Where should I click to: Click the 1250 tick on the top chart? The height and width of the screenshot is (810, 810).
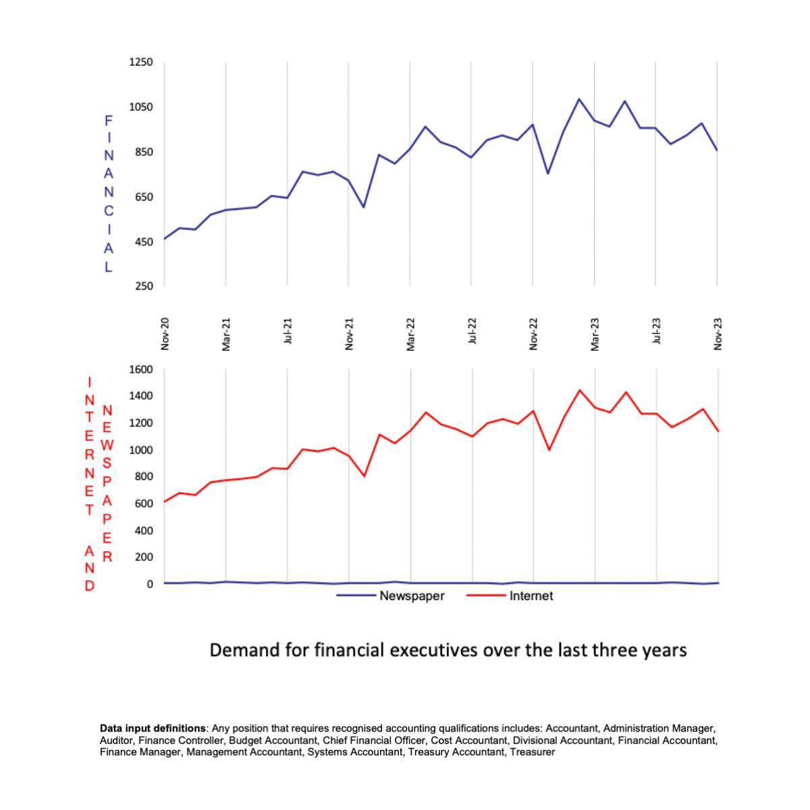tap(141, 62)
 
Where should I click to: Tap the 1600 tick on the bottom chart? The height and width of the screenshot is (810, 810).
tap(141, 369)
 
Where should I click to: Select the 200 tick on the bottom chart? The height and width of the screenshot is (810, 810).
tap(144, 558)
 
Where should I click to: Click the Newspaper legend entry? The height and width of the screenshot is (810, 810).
tap(412, 596)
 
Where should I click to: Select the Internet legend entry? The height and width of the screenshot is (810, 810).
tap(531, 596)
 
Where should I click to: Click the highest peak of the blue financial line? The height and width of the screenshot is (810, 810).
tap(579, 99)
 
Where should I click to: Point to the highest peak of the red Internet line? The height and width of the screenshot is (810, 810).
tap(579, 390)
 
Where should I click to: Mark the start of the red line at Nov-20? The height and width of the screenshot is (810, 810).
tap(165, 502)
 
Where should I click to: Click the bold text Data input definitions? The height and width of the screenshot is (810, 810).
tap(153, 728)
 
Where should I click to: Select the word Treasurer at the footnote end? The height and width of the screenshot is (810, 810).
tap(533, 752)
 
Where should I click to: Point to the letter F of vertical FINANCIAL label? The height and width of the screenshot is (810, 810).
tap(109, 121)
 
